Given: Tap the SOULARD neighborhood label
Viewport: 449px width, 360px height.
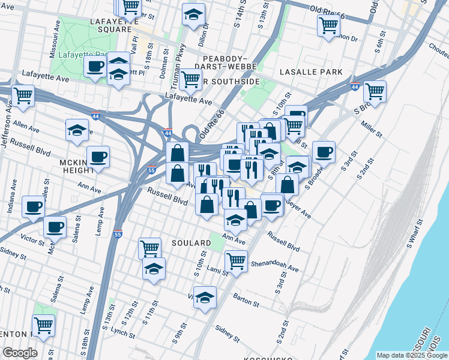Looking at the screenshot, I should coord(190,243).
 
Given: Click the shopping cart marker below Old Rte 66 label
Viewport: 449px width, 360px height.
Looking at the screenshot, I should coord(328,25).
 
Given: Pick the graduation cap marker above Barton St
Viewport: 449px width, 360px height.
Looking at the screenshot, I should coord(205,296).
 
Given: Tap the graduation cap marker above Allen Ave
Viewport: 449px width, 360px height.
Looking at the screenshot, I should coord(77,130).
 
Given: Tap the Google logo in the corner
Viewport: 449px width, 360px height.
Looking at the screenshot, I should coord(20,353).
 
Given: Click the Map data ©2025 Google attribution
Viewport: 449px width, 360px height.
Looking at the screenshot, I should coord(411,355).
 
